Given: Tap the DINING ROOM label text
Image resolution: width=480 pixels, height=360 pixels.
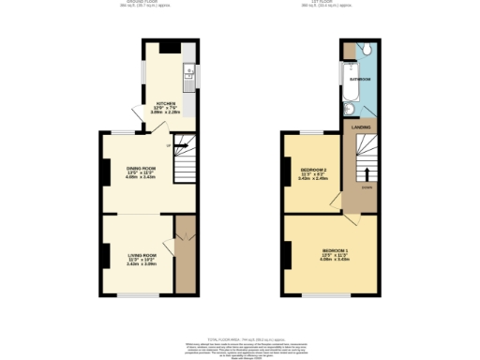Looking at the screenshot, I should (142, 169).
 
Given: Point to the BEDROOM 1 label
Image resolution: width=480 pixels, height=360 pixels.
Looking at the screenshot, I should (335, 250).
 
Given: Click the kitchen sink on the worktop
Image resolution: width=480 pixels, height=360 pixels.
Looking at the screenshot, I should (188, 71).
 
